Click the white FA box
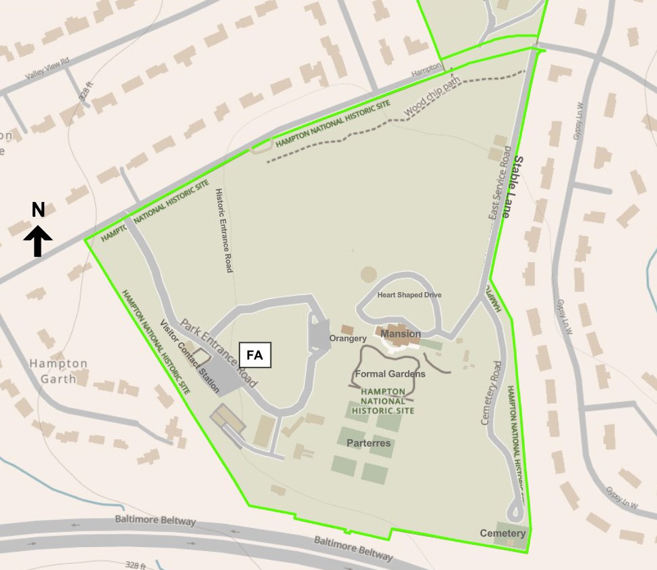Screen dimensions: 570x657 pos(255,354)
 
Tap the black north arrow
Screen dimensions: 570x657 pos(38,241)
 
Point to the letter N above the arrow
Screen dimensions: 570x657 pos(38,210)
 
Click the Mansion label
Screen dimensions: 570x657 pos(400,334)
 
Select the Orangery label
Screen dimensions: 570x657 pos(348,338)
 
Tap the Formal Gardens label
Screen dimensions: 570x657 pos(390,374)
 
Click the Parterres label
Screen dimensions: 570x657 pos(368,443)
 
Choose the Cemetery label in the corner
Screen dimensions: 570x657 pos(502,533)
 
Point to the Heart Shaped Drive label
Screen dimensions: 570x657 pos(409,295)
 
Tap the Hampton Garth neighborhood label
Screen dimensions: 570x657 pos(58,371)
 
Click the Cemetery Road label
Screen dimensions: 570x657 pos(493,393)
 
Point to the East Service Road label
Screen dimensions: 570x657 pos(498,183)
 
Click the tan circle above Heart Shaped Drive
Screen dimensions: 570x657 pos(368,274)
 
